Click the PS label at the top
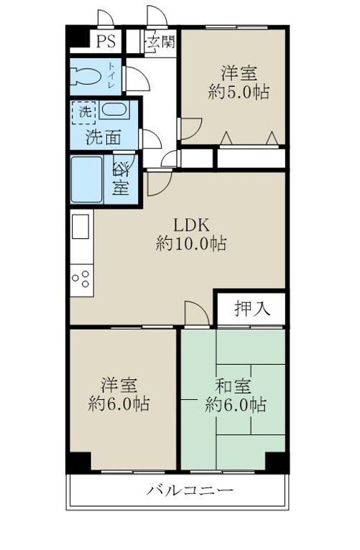click(x=106, y=41)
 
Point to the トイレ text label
click(x=112, y=75)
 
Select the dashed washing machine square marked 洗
click(x=85, y=113)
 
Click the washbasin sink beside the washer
click(x=114, y=111)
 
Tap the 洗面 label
click(x=101, y=137)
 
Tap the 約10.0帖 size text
click(x=191, y=243)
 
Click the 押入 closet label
click(x=252, y=309)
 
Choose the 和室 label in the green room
click(x=234, y=385)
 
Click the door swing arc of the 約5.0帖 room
click(x=189, y=129)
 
